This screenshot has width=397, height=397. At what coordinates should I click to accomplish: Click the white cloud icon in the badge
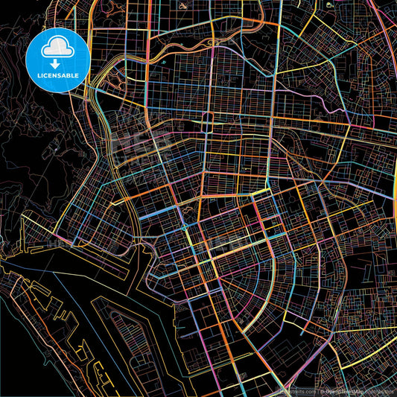tap(57, 47)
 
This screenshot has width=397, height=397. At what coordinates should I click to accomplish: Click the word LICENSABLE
tap(57, 75)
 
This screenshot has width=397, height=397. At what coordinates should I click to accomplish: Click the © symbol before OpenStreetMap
tap(322, 390)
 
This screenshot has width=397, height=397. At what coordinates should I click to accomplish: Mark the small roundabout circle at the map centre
tap(183, 226)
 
